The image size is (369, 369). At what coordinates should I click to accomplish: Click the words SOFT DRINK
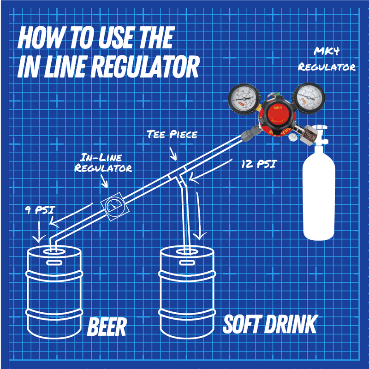point(270,325)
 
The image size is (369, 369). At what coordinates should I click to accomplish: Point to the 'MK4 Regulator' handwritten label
point(327,60)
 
